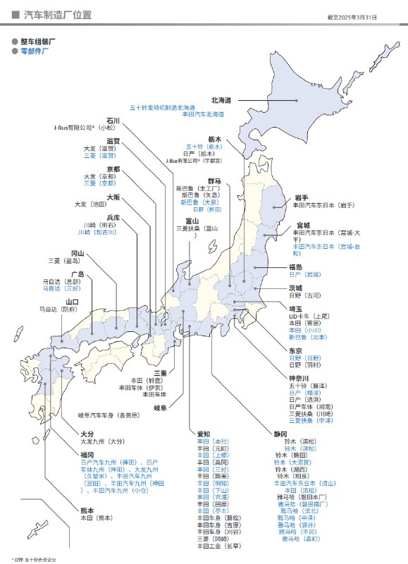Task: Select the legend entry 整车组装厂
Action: [38, 42]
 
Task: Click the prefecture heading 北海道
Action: [222, 100]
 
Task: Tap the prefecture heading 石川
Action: [113, 121]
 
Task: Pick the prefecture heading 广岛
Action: [78, 274]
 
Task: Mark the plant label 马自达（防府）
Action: [58, 309]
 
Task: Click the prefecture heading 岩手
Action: [302, 197]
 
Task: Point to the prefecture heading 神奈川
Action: [300, 378]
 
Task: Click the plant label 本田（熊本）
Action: [96, 517]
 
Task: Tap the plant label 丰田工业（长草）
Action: [219, 546]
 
